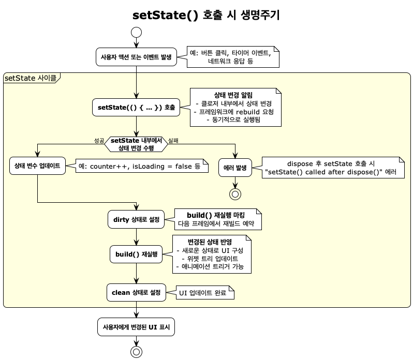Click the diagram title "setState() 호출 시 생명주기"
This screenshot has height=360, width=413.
(206, 15)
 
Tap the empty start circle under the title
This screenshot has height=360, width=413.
(137, 32)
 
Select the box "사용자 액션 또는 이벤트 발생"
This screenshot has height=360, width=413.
(137, 57)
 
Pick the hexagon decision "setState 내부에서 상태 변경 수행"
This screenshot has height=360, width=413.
(137, 143)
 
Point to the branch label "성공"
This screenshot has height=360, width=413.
(99, 140)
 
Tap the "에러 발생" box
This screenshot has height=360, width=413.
(235, 168)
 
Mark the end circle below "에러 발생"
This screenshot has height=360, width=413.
(235, 194)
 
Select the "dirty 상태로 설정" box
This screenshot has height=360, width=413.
(136, 219)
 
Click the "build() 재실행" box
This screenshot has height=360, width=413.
(137, 254)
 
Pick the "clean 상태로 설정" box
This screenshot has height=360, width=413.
(137, 292)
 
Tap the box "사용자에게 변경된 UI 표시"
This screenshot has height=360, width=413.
(137, 327)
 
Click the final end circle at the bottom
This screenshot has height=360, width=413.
(137, 351)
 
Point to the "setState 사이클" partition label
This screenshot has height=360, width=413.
(31, 78)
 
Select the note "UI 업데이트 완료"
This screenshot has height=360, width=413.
(204, 293)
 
